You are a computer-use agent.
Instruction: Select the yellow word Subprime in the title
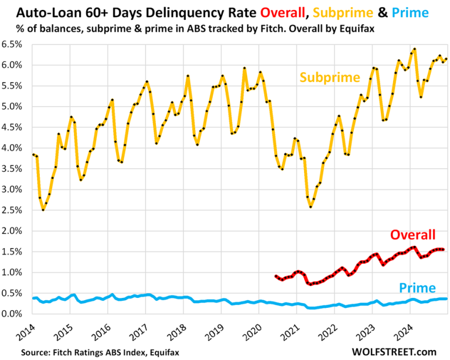[332, 12]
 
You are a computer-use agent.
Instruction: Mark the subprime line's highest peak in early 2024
[414, 49]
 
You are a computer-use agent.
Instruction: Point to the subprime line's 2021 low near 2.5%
[311, 206]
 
